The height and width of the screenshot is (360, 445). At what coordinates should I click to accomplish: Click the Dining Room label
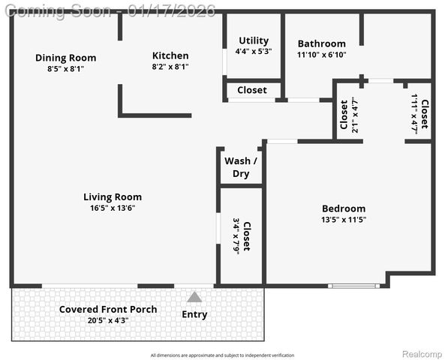(x=66, y=58)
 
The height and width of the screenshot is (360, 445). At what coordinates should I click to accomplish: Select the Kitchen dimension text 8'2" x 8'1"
(x=170, y=67)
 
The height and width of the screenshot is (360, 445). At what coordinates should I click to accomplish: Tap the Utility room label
(x=254, y=40)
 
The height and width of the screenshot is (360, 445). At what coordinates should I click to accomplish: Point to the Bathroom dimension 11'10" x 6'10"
(x=321, y=55)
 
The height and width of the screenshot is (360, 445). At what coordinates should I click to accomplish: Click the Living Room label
(x=113, y=197)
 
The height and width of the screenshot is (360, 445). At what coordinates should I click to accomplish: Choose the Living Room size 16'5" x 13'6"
(x=113, y=208)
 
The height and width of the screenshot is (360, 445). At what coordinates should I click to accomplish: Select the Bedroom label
(x=344, y=208)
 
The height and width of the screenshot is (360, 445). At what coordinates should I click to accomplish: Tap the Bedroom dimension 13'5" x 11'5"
(x=344, y=220)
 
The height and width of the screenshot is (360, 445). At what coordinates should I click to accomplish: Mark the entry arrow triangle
(x=194, y=297)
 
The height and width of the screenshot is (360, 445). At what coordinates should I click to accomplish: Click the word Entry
(x=194, y=314)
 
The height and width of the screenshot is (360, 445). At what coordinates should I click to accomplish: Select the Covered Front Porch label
(x=108, y=309)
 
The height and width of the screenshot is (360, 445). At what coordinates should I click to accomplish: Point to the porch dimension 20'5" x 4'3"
(x=108, y=320)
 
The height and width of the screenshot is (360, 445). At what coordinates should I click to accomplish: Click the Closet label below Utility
(x=251, y=90)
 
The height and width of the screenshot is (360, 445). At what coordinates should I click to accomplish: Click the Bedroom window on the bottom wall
(x=355, y=286)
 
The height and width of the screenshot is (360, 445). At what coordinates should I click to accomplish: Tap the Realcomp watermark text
(x=423, y=354)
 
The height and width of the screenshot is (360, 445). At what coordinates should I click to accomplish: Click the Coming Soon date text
(x=109, y=10)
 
